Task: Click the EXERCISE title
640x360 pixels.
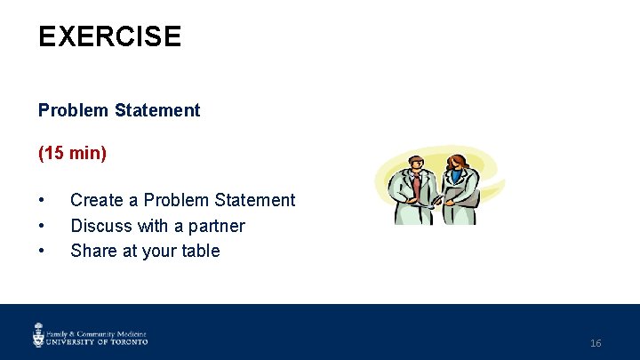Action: point(109,36)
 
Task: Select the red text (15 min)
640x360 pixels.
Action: point(72,154)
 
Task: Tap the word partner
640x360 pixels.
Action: point(213,226)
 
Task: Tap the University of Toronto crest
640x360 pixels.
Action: point(38,334)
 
